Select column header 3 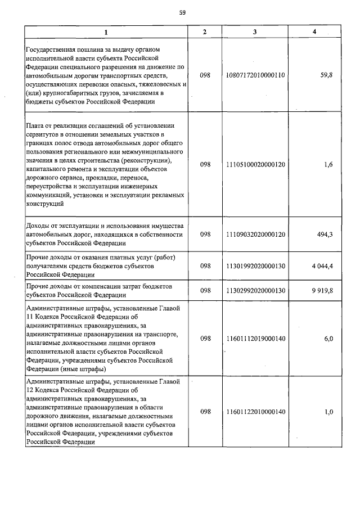255,32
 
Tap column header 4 314,32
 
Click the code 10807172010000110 255,74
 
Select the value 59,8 326,74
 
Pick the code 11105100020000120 255,165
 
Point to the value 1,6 328,165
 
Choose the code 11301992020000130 255,266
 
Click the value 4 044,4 321,266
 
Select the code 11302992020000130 255,290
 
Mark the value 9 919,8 321,290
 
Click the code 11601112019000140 255,339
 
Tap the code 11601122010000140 255,412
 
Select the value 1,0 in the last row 328,412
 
